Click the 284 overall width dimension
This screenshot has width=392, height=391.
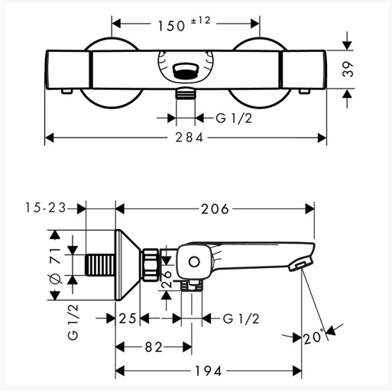click(x=190, y=137)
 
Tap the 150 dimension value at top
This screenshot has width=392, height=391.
click(x=171, y=26)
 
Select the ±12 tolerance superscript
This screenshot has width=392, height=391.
click(x=201, y=20)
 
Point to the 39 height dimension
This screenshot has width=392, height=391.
click(x=348, y=69)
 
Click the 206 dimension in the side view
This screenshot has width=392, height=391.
click(x=215, y=209)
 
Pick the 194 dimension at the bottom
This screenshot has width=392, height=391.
click(x=209, y=370)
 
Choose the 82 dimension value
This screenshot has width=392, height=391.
click(x=154, y=347)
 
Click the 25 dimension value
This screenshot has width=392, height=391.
click(x=128, y=318)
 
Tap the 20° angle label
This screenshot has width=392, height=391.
click(x=313, y=338)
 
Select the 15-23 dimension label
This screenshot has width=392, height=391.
click(x=46, y=208)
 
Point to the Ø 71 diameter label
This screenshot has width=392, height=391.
click(x=55, y=266)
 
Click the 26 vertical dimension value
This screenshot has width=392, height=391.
click(x=167, y=280)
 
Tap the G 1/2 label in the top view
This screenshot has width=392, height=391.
click(x=234, y=118)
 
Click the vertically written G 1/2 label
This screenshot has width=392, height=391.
click(x=73, y=322)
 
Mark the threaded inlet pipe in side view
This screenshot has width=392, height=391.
click(x=100, y=265)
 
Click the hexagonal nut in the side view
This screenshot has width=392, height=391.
click(x=151, y=265)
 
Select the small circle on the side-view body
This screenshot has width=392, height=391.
click(x=194, y=262)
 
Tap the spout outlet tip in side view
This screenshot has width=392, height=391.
click(x=300, y=266)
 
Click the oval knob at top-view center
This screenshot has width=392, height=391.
click(x=186, y=70)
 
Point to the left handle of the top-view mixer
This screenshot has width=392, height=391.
click(x=68, y=69)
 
